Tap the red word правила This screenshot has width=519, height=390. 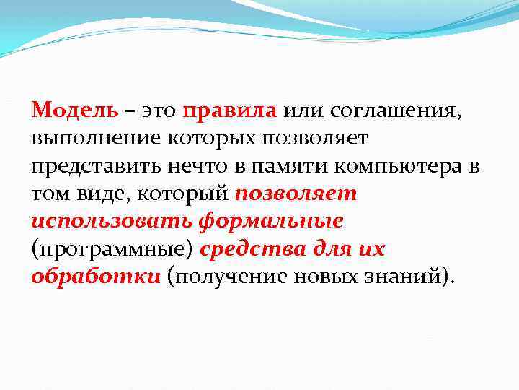(230, 110)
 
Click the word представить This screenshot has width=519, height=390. (94, 167)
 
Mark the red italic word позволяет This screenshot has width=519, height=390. (296, 194)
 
